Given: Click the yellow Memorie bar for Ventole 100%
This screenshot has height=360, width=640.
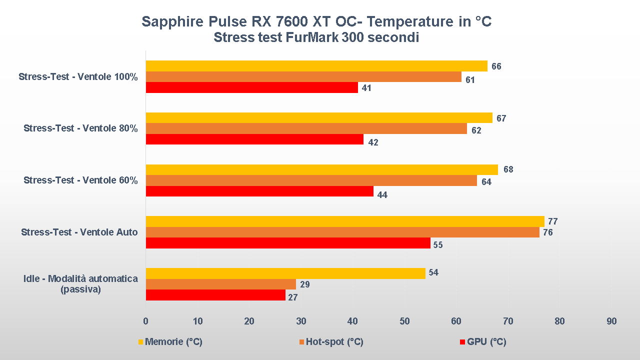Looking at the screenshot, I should click(x=316, y=66).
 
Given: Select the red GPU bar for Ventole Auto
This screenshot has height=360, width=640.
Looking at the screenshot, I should click(x=288, y=243).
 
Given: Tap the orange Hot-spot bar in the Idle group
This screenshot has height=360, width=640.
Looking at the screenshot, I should click(x=220, y=284).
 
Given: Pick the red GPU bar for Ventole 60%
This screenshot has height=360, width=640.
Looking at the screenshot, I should click(x=259, y=191).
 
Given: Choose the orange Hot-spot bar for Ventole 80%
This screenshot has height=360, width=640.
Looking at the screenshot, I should click(x=306, y=128).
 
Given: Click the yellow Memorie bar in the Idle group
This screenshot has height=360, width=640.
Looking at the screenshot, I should click(x=285, y=273).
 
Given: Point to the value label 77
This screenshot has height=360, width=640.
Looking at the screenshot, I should click(x=552, y=221).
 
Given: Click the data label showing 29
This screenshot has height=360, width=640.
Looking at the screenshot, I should click(x=304, y=284).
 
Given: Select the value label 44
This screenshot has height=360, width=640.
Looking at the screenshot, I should click(x=382, y=194).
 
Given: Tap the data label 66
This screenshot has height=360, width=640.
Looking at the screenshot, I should click(x=496, y=66).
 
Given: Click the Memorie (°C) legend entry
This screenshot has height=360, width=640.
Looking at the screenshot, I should click(x=173, y=342).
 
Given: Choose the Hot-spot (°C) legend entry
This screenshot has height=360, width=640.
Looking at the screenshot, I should click(x=334, y=342).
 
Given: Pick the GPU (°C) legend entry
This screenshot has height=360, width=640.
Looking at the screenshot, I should click(x=486, y=342).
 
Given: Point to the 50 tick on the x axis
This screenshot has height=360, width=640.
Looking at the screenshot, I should click(x=404, y=321).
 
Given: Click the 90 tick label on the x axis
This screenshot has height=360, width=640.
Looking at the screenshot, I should click(x=611, y=321).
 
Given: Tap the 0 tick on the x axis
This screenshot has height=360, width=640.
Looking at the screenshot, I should click(x=145, y=321).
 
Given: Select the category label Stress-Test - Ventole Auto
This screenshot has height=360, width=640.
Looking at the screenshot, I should click(x=79, y=232).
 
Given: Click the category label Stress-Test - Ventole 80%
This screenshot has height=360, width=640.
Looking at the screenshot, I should click(x=80, y=128).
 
